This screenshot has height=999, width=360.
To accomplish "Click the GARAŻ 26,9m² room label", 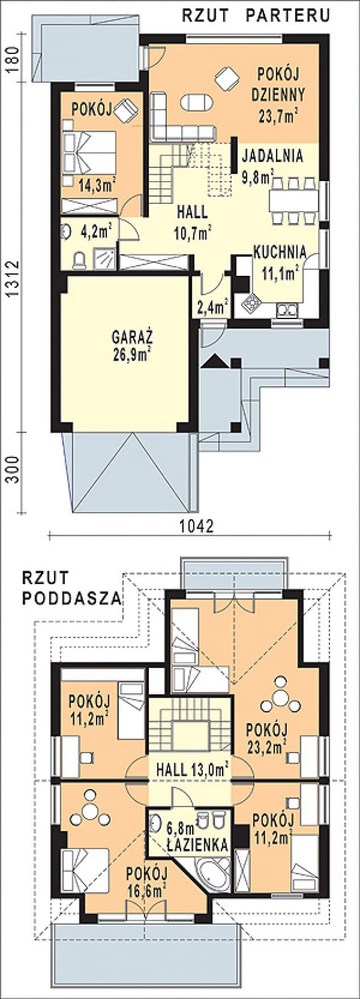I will pos(131,345).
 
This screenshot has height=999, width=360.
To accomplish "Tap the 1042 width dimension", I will pos(196,527).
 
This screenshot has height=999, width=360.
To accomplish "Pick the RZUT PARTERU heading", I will pos(256,16).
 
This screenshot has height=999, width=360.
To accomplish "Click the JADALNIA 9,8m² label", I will pos(272,166).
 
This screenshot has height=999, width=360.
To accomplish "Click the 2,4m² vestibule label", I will pos(212,307).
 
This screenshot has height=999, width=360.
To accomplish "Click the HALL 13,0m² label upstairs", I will pos(192,770).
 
